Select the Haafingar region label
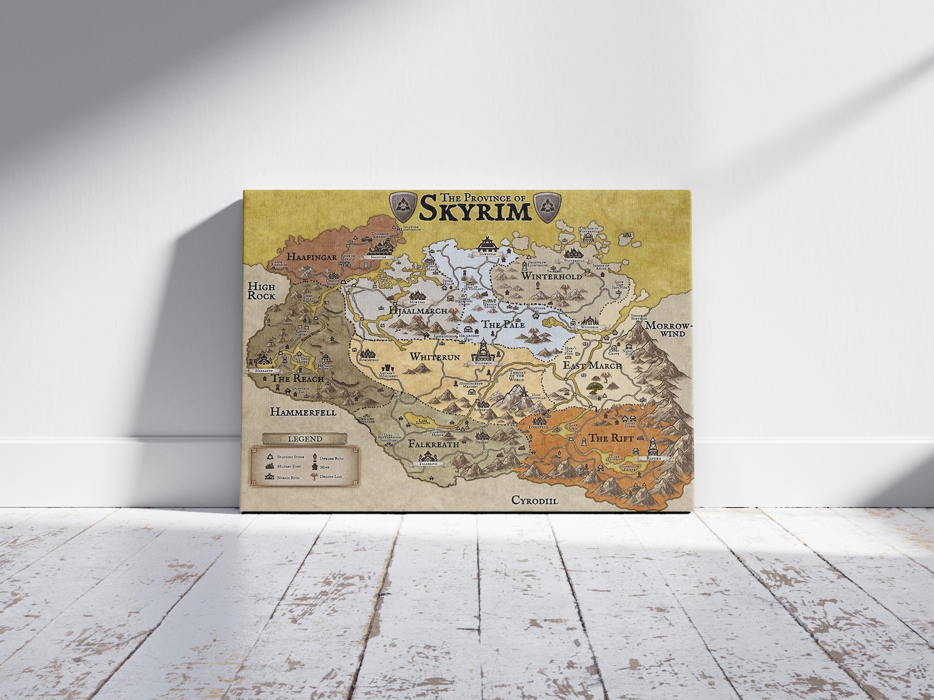point(312,256)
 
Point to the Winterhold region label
point(552,276)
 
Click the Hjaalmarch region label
point(418,310)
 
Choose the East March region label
point(592,366)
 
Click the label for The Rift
point(611,438)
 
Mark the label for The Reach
point(297,379)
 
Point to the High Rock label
point(261,291)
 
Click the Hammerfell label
point(303,412)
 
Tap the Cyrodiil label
point(534,500)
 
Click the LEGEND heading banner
point(305,438)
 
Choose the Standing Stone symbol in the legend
point(270,456)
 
